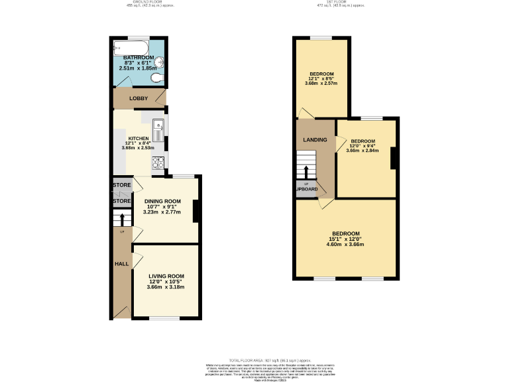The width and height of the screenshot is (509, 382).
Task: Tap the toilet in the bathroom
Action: pyautogui.click(x=156, y=79)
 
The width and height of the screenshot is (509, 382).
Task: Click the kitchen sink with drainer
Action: pyautogui.click(x=158, y=126)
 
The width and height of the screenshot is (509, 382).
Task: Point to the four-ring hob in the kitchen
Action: pyautogui.click(x=158, y=162)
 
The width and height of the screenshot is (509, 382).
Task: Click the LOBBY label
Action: pyautogui.click(x=139, y=99)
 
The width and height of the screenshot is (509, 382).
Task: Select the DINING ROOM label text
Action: pyautogui.click(x=162, y=201)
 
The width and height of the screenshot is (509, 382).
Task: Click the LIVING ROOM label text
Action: pyautogui.click(x=166, y=276)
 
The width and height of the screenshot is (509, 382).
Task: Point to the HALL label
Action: pyautogui.click(x=122, y=264)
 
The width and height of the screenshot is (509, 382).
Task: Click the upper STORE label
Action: pyautogui.click(x=122, y=185)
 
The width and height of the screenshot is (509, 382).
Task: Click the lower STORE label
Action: pyautogui.click(x=122, y=201)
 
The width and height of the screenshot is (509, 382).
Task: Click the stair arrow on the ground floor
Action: pyautogui.click(x=122, y=218)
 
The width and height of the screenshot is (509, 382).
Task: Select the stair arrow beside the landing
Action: pyautogui.click(x=306, y=172)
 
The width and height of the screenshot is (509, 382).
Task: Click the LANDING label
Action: pyautogui.click(x=315, y=140)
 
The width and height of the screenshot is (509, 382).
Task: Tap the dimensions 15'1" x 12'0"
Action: pyautogui.click(x=346, y=239)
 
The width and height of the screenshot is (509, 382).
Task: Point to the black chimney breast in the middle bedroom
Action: pyautogui.click(x=394, y=157)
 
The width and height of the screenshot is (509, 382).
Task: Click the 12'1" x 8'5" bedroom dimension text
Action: pyautogui.click(x=321, y=78)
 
